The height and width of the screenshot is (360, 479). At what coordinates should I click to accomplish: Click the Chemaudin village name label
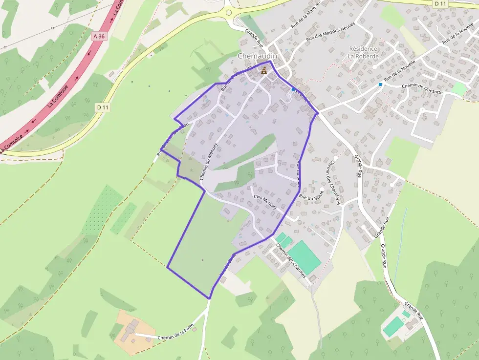point(257,56)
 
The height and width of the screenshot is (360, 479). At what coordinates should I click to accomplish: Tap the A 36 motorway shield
point(98,36)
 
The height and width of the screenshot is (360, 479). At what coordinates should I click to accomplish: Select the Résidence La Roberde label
point(363,52)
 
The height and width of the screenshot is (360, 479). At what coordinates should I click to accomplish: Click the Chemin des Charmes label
point(291,261)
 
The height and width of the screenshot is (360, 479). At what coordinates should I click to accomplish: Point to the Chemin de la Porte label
point(176,337)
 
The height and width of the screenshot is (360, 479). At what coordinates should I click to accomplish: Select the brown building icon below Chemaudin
point(264,70)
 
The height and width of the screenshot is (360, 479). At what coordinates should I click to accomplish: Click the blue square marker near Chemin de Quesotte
point(380,85)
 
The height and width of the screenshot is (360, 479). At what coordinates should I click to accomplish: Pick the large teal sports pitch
point(304,256)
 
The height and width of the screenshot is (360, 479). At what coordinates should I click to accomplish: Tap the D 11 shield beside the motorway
point(102,107)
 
